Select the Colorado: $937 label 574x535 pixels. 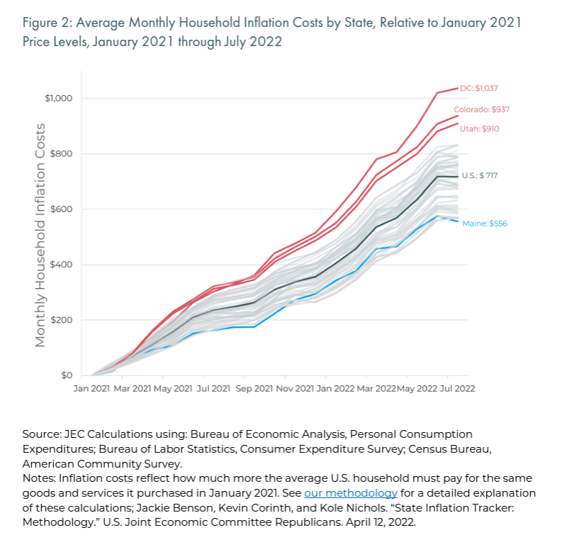click(x=481, y=109)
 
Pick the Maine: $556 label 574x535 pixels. click(x=485, y=224)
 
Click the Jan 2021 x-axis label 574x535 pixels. click(x=91, y=389)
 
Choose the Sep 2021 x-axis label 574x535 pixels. click(x=253, y=389)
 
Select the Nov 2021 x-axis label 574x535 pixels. click(x=295, y=389)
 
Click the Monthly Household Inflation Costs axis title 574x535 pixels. click(x=40, y=234)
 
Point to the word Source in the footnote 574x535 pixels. click(x=40, y=434)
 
